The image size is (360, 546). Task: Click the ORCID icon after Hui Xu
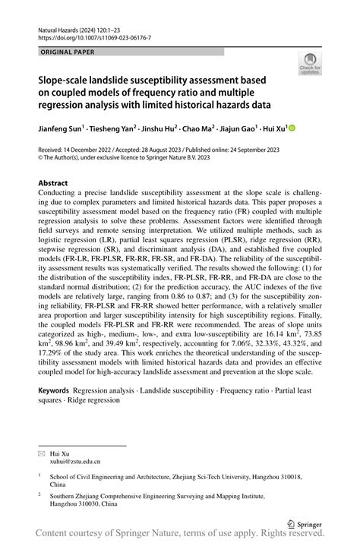(291, 129)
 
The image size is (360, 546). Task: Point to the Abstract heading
(53, 183)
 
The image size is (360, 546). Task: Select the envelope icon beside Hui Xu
(42, 452)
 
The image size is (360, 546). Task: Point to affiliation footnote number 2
(40, 493)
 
